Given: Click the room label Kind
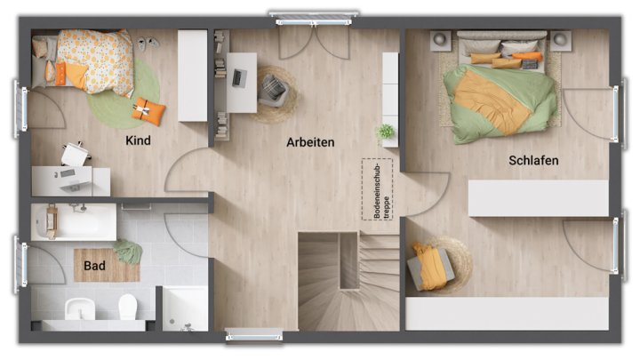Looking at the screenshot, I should [x=139, y=140].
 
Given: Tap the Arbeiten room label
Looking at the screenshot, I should [x=310, y=142].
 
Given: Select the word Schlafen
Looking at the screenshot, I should [x=533, y=161].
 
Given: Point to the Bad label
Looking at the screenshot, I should [x=95, y=265].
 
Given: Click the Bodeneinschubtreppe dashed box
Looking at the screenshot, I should [x=377, y=189].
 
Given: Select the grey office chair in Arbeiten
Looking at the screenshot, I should [x=273, y=88].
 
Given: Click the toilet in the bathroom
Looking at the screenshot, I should [x=127, y=308].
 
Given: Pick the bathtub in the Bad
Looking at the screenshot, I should [x=74, y=221].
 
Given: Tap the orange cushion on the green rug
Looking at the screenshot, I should [x=148, y=111].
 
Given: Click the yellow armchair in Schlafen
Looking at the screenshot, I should [x=431, y=267].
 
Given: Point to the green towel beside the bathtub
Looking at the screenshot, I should [x=129, y=252].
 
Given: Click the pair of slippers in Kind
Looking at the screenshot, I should [x=147, y=43].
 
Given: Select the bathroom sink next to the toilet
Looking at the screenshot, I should [x=79, y=310].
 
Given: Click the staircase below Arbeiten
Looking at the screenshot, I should [x=335, y=280].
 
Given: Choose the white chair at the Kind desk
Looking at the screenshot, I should [x=75, y=155].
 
